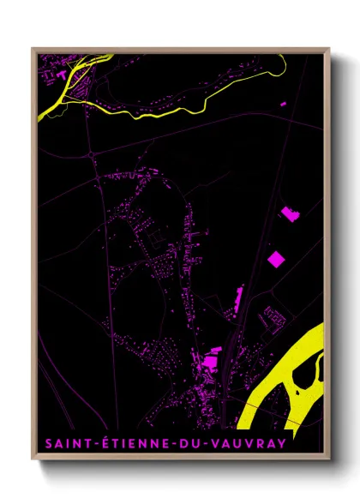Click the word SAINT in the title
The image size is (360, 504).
[61, 445]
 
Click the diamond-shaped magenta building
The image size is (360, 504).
[276, 257]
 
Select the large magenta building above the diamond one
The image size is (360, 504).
[290, 213]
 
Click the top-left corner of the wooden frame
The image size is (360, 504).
[33, 48]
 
